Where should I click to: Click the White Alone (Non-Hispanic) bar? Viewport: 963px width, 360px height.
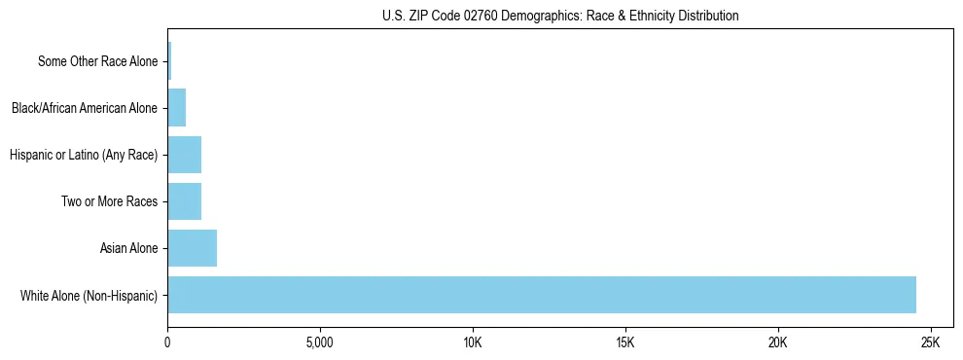[542, 295]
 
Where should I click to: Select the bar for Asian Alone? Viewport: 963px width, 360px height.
[192, 248]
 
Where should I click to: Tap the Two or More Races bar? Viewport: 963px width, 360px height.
[184, 201]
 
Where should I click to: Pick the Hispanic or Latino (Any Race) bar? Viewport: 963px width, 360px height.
[184, 155]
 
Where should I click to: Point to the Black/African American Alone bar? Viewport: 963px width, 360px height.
[176, 108]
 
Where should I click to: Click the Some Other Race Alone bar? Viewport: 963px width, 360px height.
[169, 61]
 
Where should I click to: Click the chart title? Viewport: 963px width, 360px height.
[560, 16]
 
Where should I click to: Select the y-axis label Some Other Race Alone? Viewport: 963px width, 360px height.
[97, 61]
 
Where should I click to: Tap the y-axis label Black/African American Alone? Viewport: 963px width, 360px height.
[84, 108]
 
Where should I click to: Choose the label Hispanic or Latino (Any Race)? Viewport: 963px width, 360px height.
[83, 155]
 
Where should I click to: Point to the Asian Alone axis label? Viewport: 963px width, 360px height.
[128, 248]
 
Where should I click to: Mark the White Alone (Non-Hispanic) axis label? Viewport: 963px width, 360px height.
[89, 295]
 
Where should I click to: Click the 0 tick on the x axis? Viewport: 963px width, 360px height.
[167, 343]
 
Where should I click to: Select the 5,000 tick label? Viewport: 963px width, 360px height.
[320, 343]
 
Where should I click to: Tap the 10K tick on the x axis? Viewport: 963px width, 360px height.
[473, 343]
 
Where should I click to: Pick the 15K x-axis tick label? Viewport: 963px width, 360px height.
[625, 343]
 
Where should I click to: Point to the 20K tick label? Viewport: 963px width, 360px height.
[777, 343]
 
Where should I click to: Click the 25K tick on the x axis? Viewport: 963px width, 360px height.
[930, 343]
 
